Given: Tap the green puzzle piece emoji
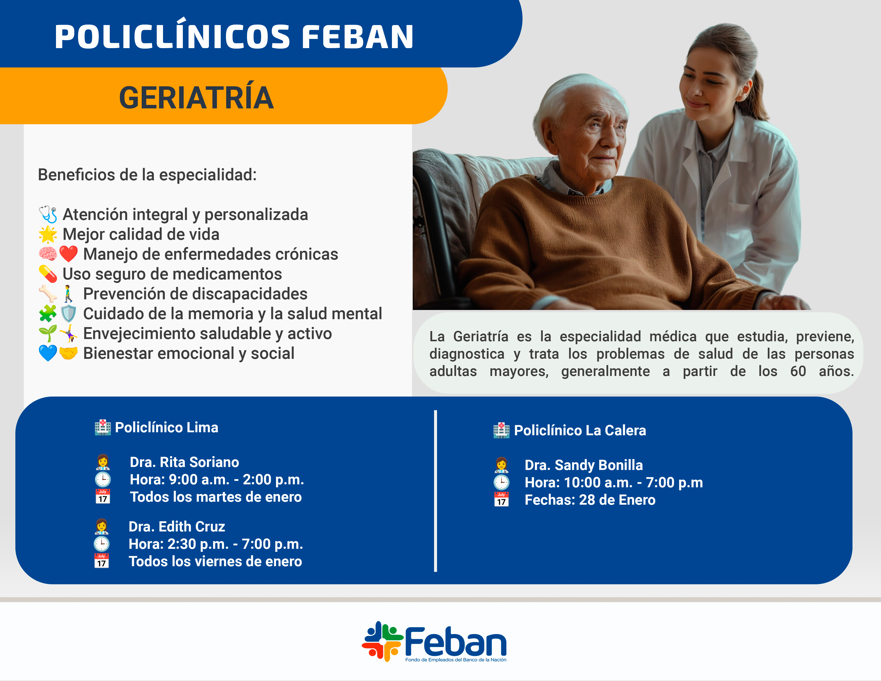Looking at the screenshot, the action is click(x=48, y=314).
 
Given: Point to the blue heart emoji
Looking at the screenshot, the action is click(x=48, y=353).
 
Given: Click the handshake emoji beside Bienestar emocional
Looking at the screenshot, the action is click(x=68, y=353).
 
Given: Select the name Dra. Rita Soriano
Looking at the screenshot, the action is click(x=184, y=462).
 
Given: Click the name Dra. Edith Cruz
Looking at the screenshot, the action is click(x=177, y=526).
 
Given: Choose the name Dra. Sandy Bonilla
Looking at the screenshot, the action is click(x=584, y=465).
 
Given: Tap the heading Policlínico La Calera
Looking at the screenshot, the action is click(x=580, y=430).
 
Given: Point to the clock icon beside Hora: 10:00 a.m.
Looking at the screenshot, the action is click(x=501, y=482).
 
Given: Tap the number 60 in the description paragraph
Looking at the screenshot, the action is click(x=798, y=371).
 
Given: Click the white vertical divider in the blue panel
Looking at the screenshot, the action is click(x=436, y=491).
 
